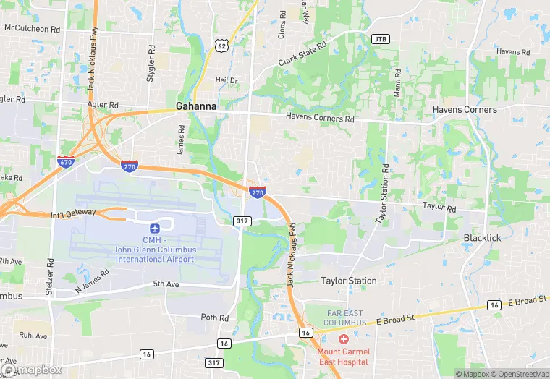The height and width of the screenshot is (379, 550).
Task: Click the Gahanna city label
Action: point(195,106)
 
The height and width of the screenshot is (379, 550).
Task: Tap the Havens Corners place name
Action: point(465,109)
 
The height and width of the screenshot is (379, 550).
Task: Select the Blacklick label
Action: point(483,237)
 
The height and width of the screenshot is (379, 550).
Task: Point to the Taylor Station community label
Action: point(349,281)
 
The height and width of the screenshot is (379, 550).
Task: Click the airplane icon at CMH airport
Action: point(155,229)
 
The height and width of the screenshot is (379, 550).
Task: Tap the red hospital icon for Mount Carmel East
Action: point(344,338)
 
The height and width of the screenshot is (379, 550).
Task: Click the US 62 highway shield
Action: point(222,45)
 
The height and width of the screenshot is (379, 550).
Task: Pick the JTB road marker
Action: point(380,38)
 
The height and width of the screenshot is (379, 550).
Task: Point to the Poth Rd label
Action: point(214,318)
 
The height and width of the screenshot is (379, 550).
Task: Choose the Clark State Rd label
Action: point(302,55)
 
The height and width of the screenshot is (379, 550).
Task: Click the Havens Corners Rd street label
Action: point(320,119)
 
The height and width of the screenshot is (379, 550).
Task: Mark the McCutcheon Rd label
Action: point(32,29)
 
